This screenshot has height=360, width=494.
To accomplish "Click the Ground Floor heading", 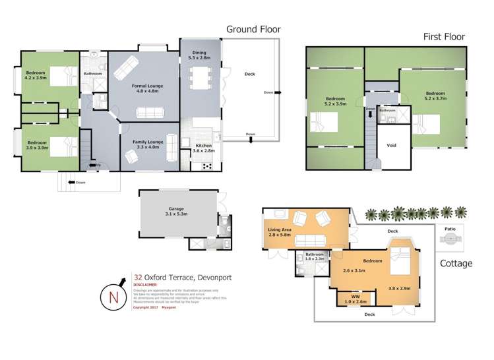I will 253,29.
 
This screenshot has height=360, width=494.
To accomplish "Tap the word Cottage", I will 456,263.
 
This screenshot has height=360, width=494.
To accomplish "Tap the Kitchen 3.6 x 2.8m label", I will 203,148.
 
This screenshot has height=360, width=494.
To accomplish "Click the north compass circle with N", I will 113,295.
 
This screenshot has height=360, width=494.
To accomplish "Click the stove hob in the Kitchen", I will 206,165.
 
